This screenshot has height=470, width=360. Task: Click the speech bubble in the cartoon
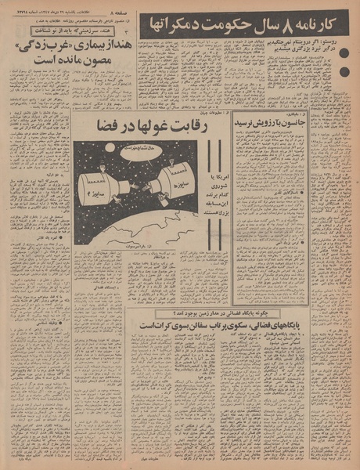click(x=137, y=147)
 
